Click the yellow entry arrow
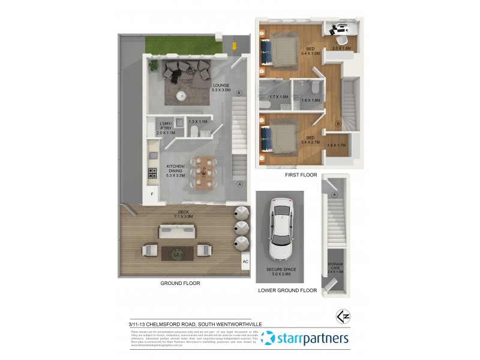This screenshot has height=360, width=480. [x=235, y=46]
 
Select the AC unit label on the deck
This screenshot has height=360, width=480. [x=245, y=262]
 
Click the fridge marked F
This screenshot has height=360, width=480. [x=152, y=194]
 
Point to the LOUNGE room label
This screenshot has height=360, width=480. [x=221, y=88]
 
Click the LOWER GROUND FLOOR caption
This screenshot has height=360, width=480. [x=287, y=290]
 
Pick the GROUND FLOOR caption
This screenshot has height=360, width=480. [x=180, y=283]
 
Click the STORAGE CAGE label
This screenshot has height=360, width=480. [x=335, y=267]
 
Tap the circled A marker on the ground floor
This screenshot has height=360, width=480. [x=239, y=184]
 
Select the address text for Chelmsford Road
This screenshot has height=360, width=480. [x=195, y=324]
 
